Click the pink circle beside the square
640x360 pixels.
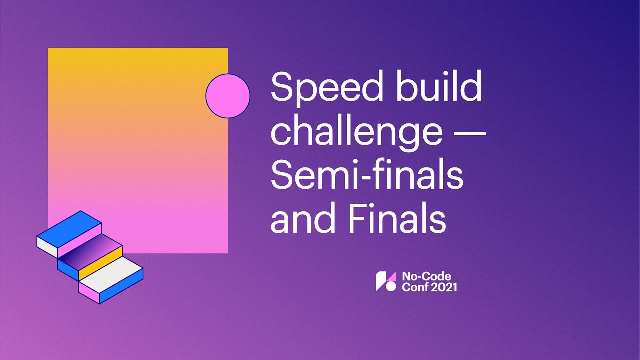[228, 96]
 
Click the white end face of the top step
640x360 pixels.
[48, 245]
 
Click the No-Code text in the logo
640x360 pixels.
[420, 276]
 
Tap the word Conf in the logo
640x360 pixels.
[412, 287]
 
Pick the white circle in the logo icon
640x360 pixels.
[391, 287]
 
